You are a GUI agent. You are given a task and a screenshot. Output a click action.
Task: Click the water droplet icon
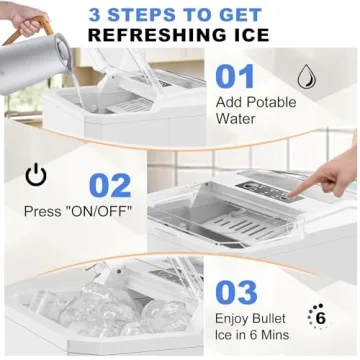pyautogui.click(x=308, y=76)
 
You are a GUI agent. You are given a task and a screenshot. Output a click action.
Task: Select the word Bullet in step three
pyautogui.click(x=270, y=321)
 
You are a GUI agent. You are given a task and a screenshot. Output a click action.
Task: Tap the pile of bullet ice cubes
pyautogui.click(x=100, y=310)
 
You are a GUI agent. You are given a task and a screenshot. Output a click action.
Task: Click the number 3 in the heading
pyautogui.click(x=94, y=14)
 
